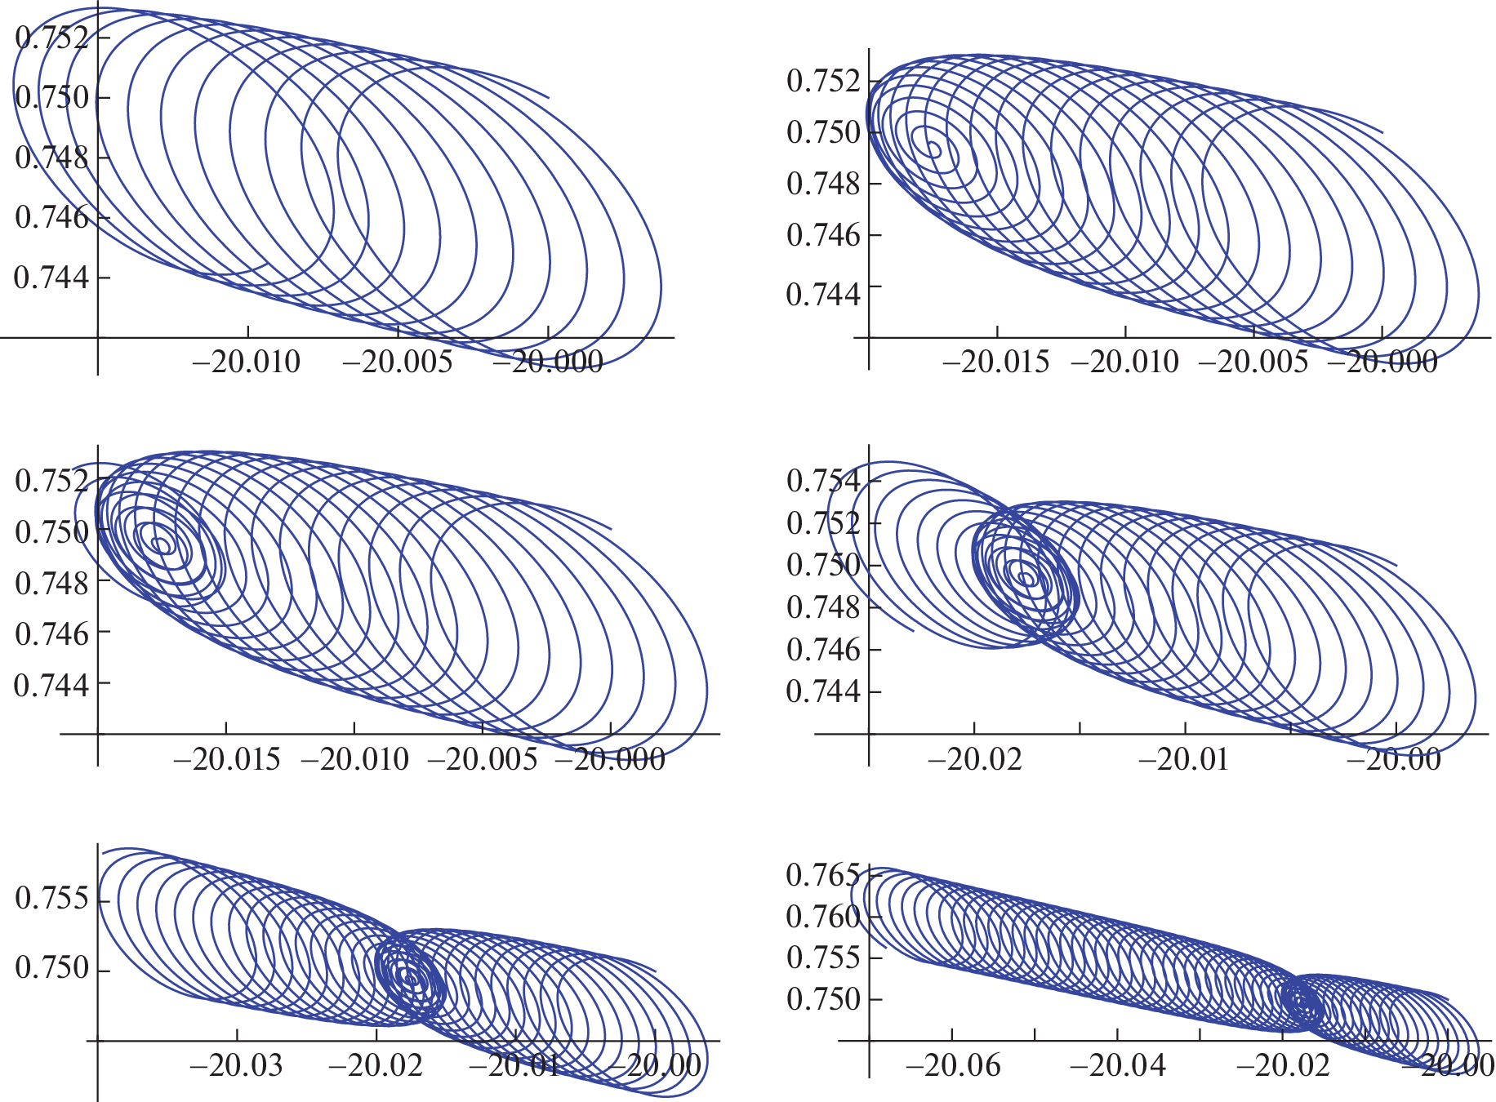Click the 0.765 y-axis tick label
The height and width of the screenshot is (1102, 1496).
click(x=822, y=875)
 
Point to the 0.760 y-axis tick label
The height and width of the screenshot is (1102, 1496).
click(x=822, y=917)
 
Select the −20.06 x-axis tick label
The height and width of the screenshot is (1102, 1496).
click(x=952, y=1065)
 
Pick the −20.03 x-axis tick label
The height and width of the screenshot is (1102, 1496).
click(x=236, y=1065)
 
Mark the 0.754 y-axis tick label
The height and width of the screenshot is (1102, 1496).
click(x=823, y=481)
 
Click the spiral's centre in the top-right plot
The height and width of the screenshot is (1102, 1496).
click(x=934, y=150)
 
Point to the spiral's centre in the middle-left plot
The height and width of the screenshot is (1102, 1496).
click(x=163, y=544)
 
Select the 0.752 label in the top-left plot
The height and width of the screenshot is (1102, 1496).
click(x=51, y=38)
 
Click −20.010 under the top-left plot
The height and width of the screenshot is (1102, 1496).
click(x=246, y=362)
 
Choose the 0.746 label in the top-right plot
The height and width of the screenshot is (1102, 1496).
click(x=823, y=235)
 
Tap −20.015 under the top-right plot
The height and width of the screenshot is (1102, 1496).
click(x=995, y=362)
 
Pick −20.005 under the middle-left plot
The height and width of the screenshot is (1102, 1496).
click(x=482, y=760)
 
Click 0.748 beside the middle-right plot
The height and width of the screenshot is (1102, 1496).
click(x=823, y=607)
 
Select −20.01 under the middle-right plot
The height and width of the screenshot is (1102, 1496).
click(x=1183, y=760)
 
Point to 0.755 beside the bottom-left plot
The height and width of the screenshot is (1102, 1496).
click(x=51, y=898)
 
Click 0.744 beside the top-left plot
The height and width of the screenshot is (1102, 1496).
click(x=51, y=278)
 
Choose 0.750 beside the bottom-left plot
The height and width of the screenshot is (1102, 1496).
click(x=51, y=968)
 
